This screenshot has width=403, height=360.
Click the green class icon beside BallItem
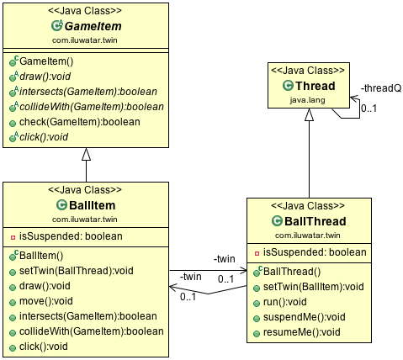[61, 204]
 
